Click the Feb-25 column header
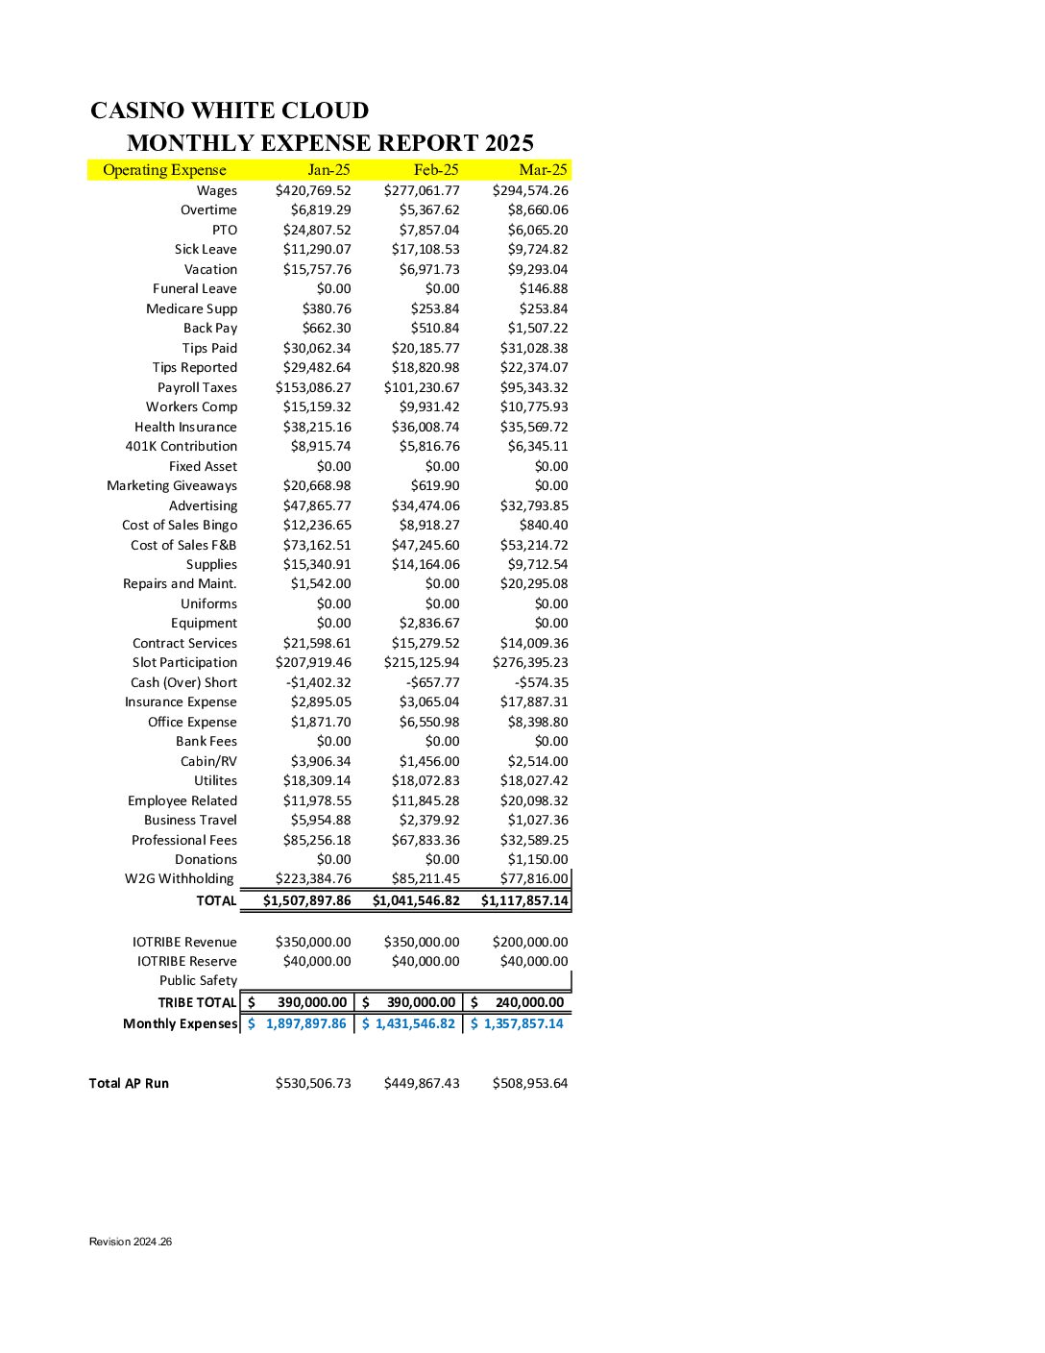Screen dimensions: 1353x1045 click(435, 170)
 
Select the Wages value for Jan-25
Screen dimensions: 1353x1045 click(313, 190)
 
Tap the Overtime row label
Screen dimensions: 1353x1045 click(208, 209)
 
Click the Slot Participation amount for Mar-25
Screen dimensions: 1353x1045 click(530, 662)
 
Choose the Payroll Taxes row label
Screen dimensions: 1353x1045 click(197, 387)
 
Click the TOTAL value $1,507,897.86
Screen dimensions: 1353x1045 click(307, 900)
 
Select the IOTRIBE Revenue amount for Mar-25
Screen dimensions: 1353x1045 click(530, 942)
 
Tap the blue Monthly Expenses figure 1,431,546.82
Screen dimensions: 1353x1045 click(415, 1023)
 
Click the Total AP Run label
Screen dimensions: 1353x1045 click(129, 1083)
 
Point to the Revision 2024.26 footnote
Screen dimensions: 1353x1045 click(131, 1242)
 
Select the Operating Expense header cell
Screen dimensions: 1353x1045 click(164, 170)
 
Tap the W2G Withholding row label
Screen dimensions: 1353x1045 click(179, 878)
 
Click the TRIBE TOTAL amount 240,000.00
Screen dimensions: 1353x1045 click(529, 1002)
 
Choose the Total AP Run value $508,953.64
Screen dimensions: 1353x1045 click(530, 1083)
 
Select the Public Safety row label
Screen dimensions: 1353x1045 click(198, 980)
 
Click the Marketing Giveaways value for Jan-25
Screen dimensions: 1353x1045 click(317, 485)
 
